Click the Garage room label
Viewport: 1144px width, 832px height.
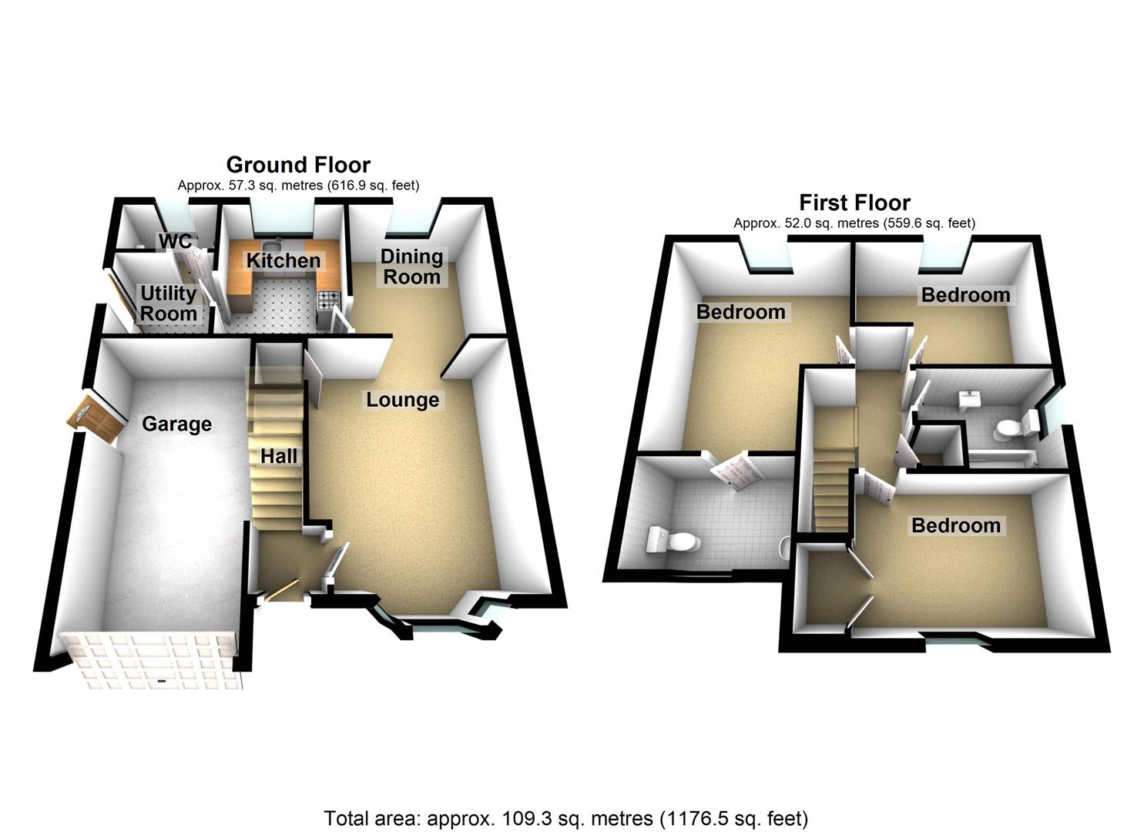pyautogui.click(x=176, y=424)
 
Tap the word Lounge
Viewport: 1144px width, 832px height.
pyautogui.click(x=402, y=400)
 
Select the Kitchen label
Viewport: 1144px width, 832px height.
pyautogui.click(x=283, y=260)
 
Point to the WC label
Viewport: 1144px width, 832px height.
pyautogui.click(x=175, y=241)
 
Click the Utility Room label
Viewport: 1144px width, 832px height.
pyautogui.click(x=168, y=304)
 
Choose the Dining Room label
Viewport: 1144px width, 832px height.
pyautogui.click(x=411, y=267)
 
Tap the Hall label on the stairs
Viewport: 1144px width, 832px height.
pyautogui.click(x=278, y=456)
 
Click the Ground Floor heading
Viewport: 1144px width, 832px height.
pyautogui.click(x=297, y=165)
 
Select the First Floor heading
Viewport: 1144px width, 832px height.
pyautogui.click(x=854, y=203)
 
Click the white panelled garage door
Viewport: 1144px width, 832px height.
pyautogui.click(x=150, y=659)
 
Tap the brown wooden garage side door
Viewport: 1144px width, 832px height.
pyautogui.click(x=96, y=421)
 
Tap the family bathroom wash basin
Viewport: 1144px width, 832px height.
pyautogui.click(x=968, y=399)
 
